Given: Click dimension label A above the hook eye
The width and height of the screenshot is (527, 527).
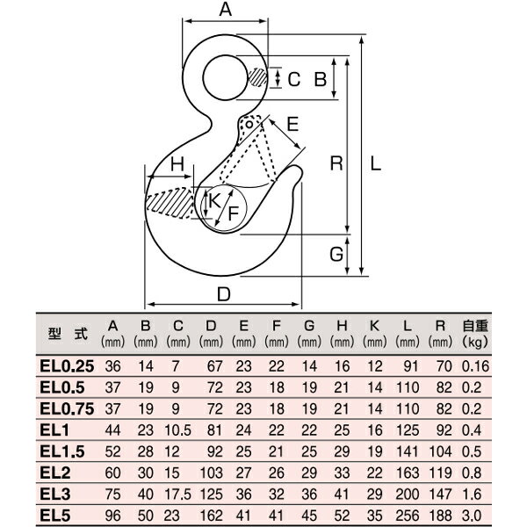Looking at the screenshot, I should click(x=225, y=11).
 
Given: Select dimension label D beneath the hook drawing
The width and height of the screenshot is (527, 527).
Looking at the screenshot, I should click(x=223, y=295).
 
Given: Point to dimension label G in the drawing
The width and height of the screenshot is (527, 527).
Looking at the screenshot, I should click(x=336, y=255).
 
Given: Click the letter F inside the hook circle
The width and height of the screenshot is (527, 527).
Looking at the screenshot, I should click(x=234, y=212).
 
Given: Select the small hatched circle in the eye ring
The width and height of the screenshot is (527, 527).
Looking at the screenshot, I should click(x=256, y=79).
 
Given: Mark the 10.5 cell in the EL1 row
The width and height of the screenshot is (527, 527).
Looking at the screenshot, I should click(x=178, y=430).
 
